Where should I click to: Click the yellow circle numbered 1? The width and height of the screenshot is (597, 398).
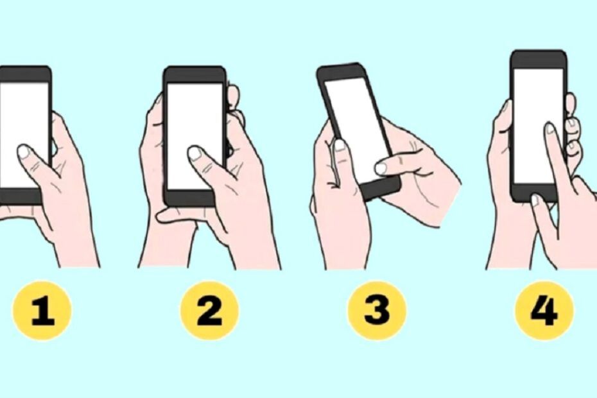tap(42, 311)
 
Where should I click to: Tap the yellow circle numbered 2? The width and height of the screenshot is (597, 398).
tap(209, 311)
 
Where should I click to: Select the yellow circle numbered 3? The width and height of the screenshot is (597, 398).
tap(377, 311)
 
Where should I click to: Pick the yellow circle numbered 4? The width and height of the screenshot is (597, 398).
tap(544, 311)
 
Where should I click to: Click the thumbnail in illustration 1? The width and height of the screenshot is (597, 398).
tap(24, 152)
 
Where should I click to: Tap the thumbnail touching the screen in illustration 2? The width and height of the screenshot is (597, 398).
tap(195, 153)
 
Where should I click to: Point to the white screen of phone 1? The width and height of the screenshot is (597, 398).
tap(24, 135)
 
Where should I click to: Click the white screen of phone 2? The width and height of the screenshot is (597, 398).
tap(195, 136)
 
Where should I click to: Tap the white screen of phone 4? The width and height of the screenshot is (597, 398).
tap(539, 126)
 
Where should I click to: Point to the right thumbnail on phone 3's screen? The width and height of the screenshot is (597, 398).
tap(381, 168)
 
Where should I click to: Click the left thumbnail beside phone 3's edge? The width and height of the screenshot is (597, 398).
tap(340, 146)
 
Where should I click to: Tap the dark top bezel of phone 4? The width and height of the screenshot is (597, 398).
tap(538, 60)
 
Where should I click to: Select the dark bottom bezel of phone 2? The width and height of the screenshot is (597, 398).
tap(189, 198)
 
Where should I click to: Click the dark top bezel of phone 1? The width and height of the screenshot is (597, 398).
tap(25, 74)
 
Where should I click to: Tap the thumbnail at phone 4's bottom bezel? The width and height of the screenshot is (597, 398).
tap(535, 200)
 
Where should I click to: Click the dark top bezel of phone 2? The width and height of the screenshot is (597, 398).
tap(195, 74)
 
